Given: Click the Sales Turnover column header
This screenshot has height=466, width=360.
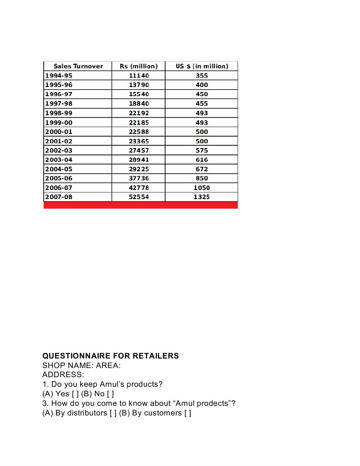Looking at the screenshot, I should point(78,66).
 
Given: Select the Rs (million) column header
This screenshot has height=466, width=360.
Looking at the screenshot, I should point(138,66).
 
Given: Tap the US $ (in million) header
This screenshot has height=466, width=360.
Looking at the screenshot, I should point(202,66).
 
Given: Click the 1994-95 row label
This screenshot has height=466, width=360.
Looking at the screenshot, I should point(59,76).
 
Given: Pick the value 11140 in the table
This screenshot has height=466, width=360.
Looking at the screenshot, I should point(139,76).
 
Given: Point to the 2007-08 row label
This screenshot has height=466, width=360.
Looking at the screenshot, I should point(59,197).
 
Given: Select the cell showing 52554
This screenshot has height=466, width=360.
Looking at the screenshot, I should point(139,197).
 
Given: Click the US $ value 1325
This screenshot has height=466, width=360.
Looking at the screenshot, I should point(202,197).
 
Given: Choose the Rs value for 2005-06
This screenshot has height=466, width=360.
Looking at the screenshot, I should point(139,178).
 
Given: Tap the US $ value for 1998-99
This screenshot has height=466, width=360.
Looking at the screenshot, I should point(202,113).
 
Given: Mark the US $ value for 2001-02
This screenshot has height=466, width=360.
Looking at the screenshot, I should point(202,141).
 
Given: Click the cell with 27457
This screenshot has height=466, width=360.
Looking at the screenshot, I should point(139,150).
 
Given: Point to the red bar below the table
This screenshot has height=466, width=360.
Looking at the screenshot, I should point(141,205).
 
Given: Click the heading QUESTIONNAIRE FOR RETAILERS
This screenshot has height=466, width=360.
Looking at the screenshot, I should point(111,356).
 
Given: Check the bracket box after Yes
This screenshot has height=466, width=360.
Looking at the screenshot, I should point(75,394).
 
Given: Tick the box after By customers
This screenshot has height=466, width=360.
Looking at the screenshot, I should point(188,413).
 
